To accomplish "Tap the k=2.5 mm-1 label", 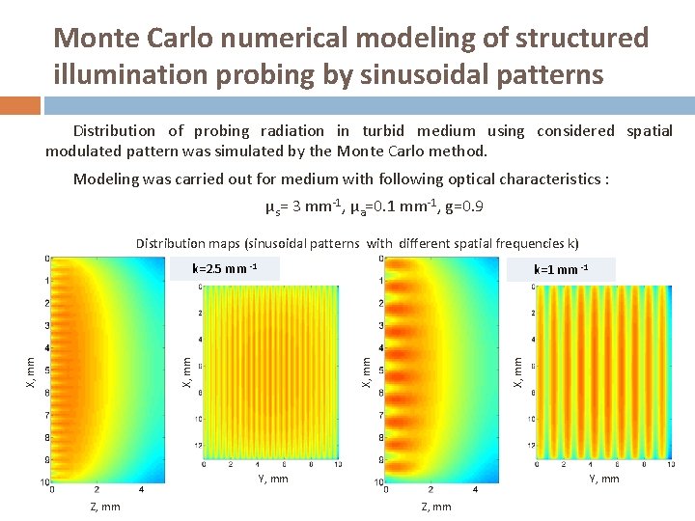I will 224,267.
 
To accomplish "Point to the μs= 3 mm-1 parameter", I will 298,207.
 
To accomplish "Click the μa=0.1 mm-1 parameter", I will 385,207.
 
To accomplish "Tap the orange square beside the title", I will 20,104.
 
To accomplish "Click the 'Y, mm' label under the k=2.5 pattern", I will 272,479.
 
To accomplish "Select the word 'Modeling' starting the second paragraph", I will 105,178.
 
